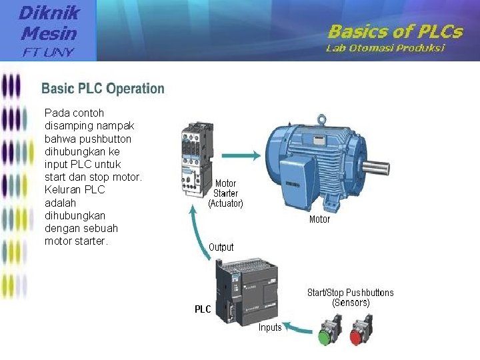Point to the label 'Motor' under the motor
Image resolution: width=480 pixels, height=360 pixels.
319,219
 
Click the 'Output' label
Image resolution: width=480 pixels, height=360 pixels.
221,247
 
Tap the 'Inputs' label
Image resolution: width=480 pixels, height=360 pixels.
270,327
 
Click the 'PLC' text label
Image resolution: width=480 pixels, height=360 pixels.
203,309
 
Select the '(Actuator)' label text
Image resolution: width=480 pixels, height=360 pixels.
226,203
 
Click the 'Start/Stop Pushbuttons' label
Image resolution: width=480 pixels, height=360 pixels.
350,293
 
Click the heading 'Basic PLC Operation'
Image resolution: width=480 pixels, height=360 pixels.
103,89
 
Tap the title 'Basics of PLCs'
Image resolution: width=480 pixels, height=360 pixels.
394,31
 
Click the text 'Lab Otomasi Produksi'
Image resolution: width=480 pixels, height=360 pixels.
385,48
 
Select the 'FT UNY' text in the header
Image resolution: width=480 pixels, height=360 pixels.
49,51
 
